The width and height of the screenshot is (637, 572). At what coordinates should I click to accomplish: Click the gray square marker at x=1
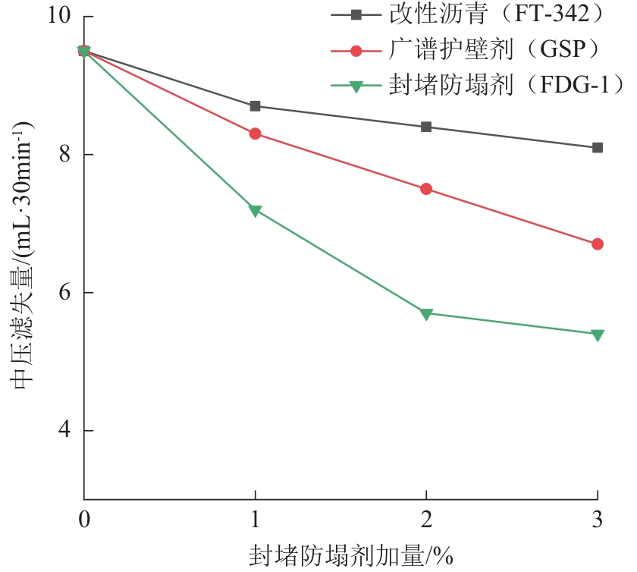click(x=255, y=106)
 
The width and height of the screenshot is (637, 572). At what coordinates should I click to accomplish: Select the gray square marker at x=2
click(x=426, y=127)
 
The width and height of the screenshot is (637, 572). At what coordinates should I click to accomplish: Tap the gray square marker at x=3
click(x=598, y=147)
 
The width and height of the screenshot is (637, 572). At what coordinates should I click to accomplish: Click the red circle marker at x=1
click(x=255, y=134)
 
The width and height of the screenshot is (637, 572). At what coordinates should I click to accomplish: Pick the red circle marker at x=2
click(x=426, y=189)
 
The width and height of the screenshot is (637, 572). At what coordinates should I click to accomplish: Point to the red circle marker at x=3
click(x=598, y=244)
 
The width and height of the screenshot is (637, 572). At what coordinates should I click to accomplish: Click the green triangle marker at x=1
click(x=255, y=210)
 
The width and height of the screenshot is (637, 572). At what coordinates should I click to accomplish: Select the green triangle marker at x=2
click(x=426, y=313)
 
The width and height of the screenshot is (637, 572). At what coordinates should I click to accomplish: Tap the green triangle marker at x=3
click(x=598, y=335)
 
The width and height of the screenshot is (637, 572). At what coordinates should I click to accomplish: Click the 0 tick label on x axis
click(x=84, y=521)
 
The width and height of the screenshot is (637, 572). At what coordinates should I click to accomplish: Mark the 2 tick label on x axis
click(x=426, y=521)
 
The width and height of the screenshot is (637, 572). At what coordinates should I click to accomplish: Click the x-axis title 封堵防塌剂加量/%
click(x=350, y=556)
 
